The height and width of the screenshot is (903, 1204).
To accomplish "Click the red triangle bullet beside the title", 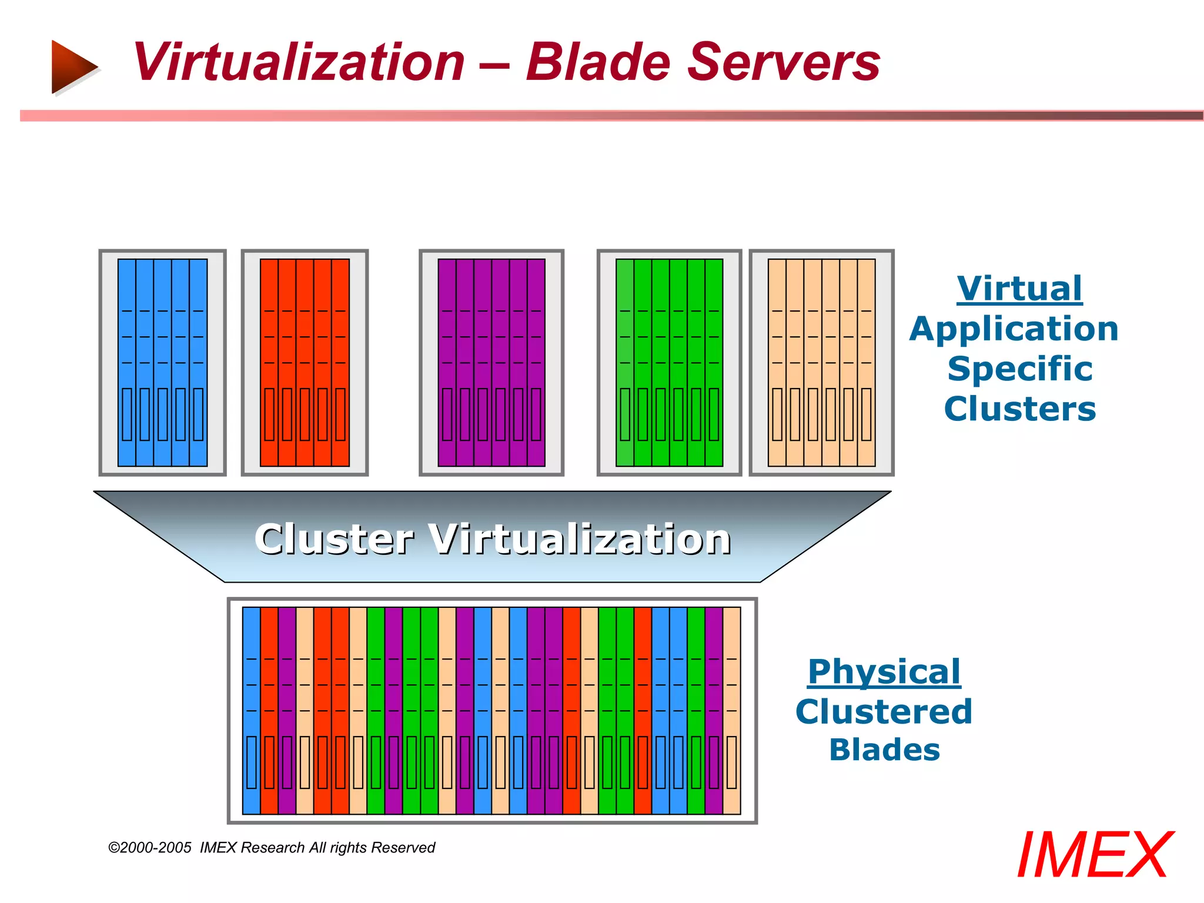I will click(x=73, y=66).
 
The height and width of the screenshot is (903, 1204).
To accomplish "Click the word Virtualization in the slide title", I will click(x=299, y=62).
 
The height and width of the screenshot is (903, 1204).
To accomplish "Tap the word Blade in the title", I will click(x=597, y=62).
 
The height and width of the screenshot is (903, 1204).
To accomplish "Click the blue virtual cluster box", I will click(x=162, y=363).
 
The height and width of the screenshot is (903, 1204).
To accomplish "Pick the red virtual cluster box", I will click(x=305, y=363).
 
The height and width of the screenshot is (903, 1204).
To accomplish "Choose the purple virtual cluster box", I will click(x=491, y=363).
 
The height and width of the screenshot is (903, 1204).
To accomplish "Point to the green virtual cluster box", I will click(x=669, y=363).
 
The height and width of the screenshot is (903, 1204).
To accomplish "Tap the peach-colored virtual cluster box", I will click(x=821, y=363).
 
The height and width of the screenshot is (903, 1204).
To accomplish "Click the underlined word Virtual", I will click(x=1019, y=289).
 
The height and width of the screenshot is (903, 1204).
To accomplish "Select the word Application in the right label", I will click(x=1014, y=329).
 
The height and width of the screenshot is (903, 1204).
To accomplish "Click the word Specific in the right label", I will click(x=1020, y=369).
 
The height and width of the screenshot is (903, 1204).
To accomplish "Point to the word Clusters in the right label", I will click(x=1020, y=409).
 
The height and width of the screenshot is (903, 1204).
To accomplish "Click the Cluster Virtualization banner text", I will click(x=493, y=539).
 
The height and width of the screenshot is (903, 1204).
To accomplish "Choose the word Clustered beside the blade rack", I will click(x=884, y=711).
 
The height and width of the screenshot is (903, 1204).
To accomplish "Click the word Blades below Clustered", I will click(x=884, y=750).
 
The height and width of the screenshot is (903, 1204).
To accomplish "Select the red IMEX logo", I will click(x=1094, y=855).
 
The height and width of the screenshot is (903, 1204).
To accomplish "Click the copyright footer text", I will click(x=272, y=848).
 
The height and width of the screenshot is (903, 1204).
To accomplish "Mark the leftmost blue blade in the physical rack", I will click(x=251, y=710).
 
